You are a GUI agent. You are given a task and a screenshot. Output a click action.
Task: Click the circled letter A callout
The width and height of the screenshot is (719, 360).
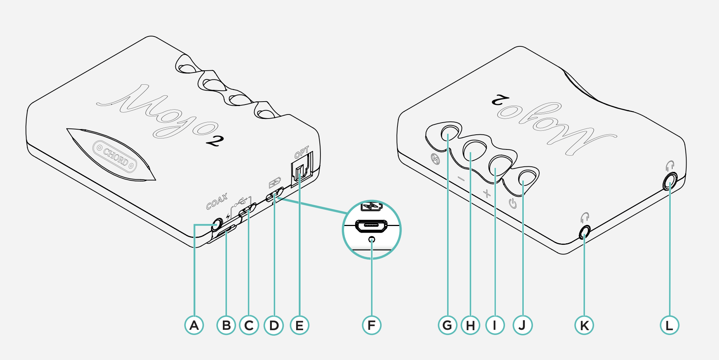click(194, 325)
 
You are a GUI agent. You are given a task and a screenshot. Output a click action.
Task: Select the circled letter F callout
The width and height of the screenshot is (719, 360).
click(372, 325)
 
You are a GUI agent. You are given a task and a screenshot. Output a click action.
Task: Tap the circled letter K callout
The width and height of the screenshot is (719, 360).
click(584, 325)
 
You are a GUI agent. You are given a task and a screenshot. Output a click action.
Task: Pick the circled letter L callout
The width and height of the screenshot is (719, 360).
click(669, 325)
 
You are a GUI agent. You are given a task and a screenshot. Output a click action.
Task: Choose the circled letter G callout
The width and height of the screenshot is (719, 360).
click(448, 325)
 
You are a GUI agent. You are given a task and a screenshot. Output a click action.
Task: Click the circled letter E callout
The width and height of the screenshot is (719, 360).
click(299, 325)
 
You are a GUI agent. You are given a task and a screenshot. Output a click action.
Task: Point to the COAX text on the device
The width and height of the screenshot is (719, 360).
click(217, 201)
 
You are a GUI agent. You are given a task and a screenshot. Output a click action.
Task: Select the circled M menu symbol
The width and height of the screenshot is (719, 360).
click(435, 159)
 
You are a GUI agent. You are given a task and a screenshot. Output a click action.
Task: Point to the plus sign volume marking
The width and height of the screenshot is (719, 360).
click(487, 193)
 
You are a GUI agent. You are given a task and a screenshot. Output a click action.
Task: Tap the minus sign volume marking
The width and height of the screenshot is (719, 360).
click(461, 179)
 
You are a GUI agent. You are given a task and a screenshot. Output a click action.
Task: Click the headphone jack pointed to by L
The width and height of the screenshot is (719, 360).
click(669, 181)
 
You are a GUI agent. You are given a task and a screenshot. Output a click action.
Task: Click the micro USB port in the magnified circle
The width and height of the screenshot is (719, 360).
click(371, 226)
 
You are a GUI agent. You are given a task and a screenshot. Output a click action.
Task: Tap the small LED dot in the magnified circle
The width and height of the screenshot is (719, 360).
click(372, 240)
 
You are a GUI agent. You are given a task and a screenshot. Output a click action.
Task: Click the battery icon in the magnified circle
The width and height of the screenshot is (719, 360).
click(372, 207)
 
